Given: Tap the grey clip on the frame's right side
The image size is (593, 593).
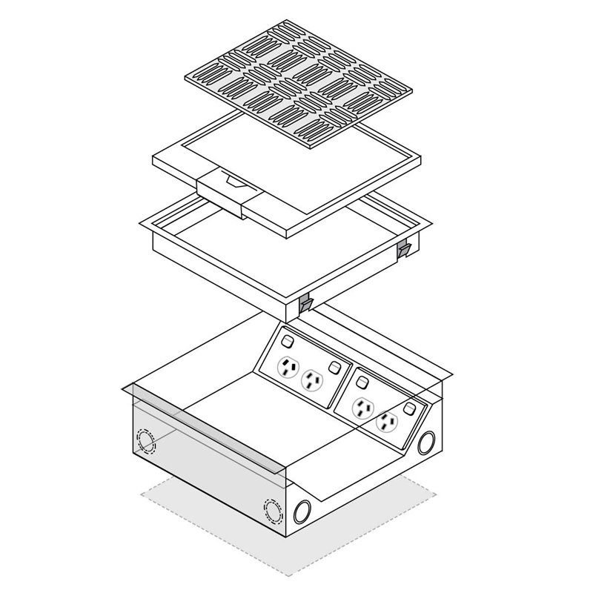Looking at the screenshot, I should tap(403, 250).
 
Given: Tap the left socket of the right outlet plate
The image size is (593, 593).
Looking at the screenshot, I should tap(362, 407).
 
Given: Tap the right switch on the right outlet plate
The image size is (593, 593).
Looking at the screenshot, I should tap(410, 409).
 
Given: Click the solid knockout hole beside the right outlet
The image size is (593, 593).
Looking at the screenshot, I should tap(425, 443).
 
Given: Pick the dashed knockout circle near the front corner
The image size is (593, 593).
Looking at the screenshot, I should tap(272, 510).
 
